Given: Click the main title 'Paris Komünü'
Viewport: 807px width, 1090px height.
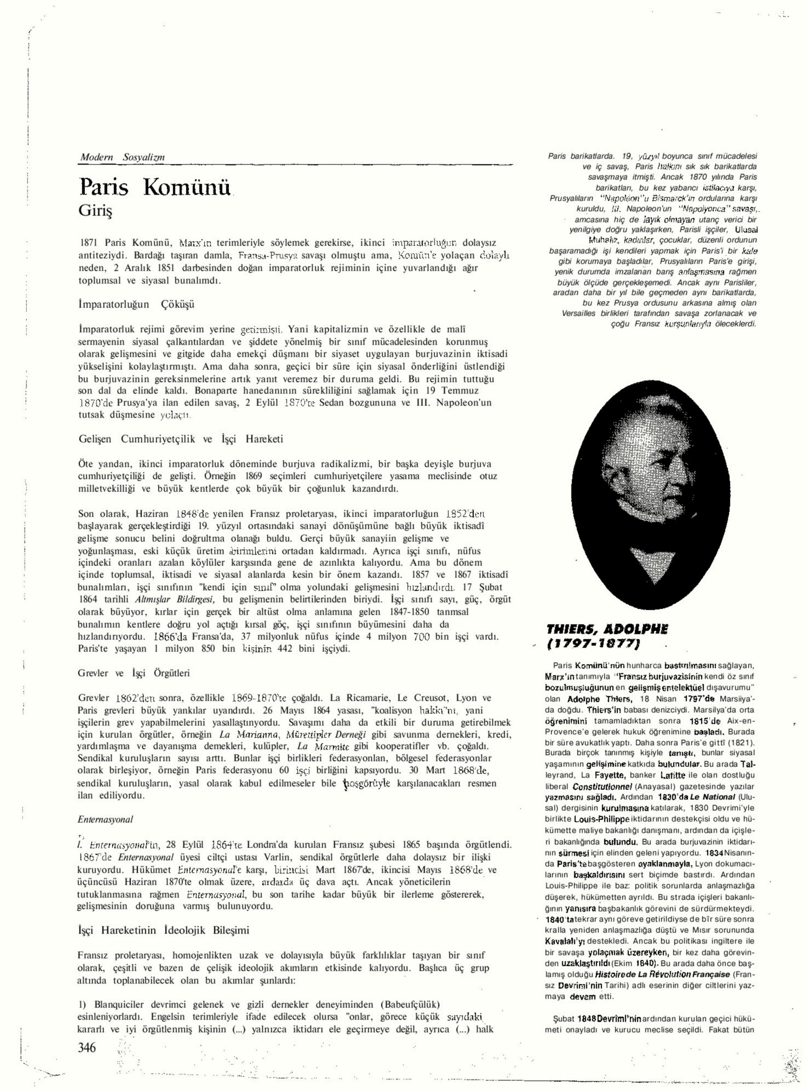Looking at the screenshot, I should tap(155, 188).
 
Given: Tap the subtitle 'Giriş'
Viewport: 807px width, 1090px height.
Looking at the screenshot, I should tap(95, 211).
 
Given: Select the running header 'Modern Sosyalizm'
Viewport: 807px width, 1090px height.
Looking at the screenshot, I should tap(122, 157).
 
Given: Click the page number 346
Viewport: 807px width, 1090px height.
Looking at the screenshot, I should tap(87, 1047).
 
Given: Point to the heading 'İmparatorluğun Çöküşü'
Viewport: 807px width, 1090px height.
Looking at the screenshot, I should tap(136, 304).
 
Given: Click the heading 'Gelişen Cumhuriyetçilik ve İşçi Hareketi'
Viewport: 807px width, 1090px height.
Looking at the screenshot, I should tap(181, 439).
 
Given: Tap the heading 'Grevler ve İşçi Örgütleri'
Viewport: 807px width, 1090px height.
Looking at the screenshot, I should tap(134, 673).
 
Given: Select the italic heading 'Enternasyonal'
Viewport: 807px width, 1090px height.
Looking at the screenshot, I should tap(106, 819).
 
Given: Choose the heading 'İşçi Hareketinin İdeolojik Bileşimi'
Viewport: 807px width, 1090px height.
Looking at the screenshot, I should tap(164, 930).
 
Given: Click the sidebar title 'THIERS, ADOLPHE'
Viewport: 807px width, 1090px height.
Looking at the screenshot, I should tap(607, 630).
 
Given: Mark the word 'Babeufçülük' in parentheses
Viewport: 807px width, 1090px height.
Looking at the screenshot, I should tap(410, 1005).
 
